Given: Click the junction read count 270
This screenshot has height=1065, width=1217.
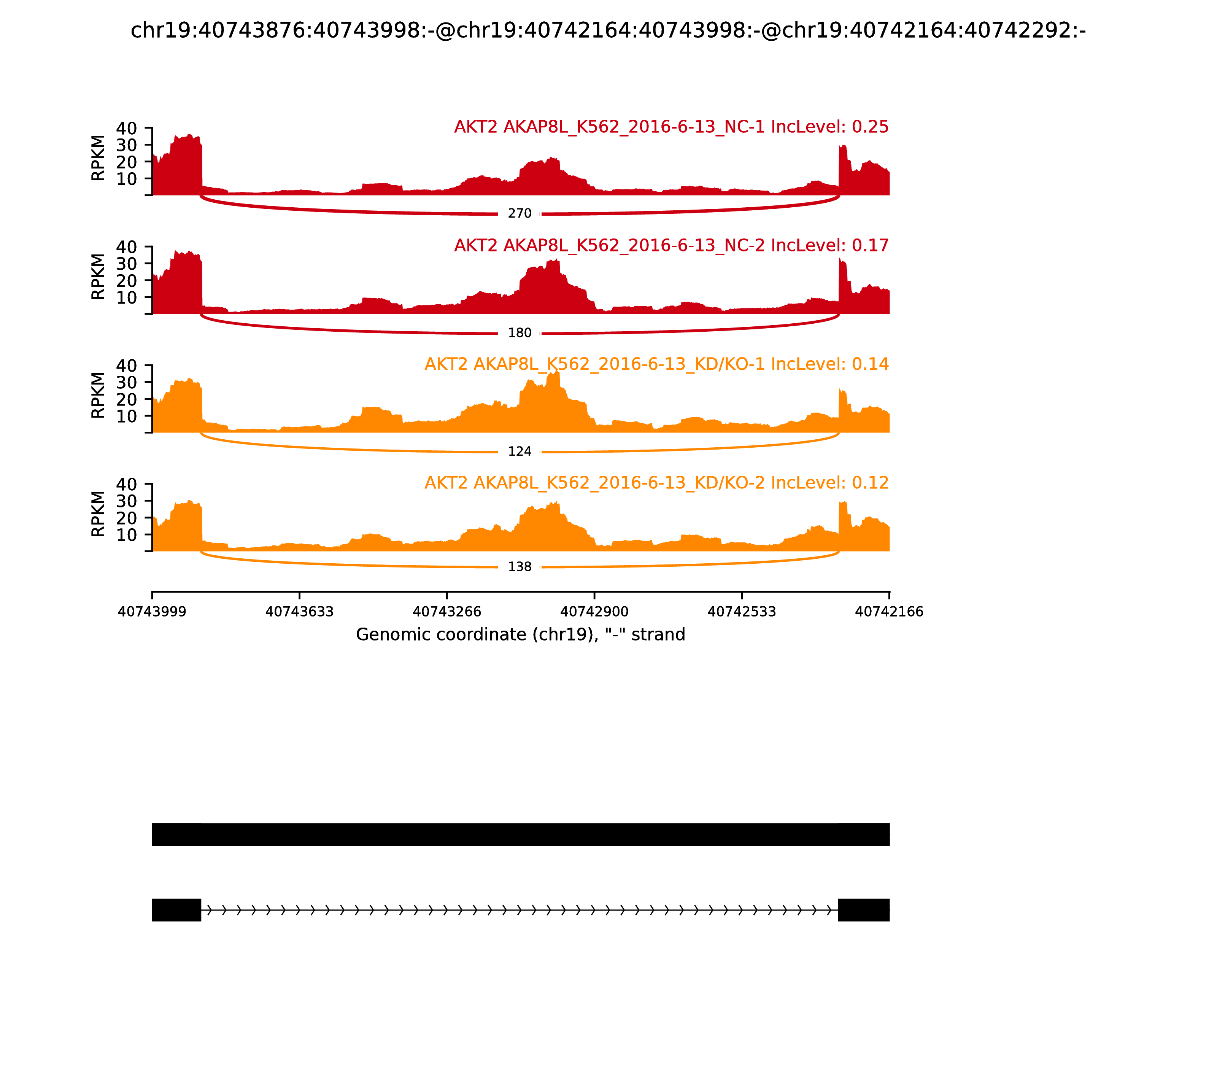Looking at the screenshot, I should click(520, 213).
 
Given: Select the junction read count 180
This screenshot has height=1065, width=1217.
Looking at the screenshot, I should click(520, 333).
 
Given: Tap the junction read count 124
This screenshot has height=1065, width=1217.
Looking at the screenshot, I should click(520, 452).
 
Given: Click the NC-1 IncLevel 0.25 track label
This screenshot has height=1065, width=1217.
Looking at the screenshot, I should click(671, 127).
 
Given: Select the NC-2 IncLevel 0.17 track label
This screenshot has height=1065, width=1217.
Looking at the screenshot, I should click(671, 245).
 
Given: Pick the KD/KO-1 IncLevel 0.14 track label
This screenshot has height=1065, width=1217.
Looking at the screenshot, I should click(656, 364).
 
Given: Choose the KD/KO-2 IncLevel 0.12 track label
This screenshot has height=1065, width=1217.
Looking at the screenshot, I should click(656, 483).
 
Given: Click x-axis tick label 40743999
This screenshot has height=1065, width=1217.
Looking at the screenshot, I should click(152, 612).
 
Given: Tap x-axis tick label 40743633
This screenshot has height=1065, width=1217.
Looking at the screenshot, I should click(300, 612).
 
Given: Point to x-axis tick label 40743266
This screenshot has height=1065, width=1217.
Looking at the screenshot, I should click(447, 612).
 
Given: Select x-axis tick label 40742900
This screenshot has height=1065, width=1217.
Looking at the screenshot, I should click(594, 612).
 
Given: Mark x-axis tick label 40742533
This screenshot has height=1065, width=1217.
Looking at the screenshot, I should click(742, 612).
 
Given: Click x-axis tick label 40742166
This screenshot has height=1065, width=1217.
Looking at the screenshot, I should click(889, 612).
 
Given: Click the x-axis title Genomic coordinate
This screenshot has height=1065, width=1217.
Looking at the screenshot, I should click(521, 635).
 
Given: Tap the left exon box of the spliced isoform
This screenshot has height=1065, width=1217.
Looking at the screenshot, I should click(176, 910).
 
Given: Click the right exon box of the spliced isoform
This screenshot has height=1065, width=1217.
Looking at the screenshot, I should click(863, 910).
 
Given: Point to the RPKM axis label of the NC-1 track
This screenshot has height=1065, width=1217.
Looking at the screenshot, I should click(98, 158).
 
